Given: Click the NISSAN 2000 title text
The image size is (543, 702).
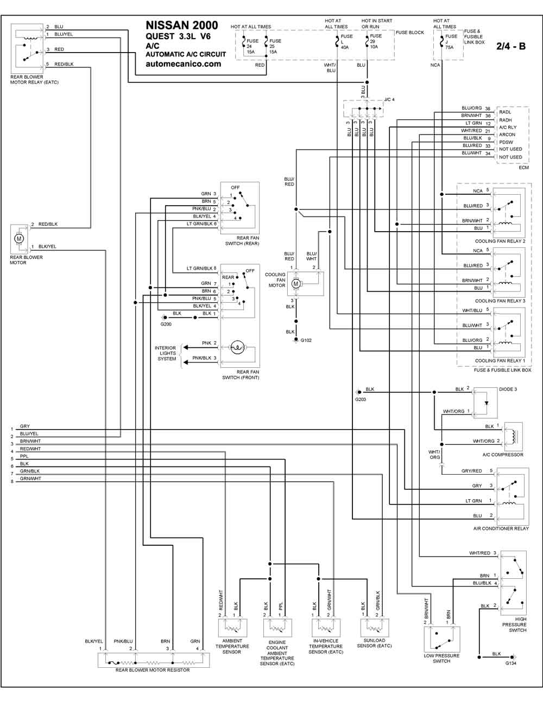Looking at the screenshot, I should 182,25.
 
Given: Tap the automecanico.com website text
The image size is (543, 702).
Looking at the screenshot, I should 184,63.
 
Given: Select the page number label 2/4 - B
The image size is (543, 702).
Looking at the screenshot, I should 511,46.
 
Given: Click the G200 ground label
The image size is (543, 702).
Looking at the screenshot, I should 166,324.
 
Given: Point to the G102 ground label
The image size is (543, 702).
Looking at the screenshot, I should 306,341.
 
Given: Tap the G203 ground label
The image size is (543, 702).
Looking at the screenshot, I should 361,399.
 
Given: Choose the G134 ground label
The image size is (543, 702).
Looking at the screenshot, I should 511,663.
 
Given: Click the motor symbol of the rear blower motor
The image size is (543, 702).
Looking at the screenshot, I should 19,238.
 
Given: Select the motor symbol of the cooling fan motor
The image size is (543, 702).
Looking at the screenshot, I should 296,284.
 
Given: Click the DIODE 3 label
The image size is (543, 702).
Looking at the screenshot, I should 508,389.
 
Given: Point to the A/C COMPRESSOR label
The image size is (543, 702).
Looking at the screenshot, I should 503,455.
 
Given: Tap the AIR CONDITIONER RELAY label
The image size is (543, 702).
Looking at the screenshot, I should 501,528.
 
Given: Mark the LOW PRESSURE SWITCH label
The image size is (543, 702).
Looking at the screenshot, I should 441,658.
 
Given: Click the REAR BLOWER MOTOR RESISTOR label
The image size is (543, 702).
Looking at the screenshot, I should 153,670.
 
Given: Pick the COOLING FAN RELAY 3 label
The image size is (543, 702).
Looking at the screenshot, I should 500,301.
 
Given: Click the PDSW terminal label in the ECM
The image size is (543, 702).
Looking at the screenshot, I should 506,142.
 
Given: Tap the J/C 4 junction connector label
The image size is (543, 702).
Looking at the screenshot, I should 389,100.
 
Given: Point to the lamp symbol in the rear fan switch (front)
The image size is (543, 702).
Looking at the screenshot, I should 237,348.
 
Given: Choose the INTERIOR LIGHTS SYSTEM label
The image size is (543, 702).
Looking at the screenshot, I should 165,353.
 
